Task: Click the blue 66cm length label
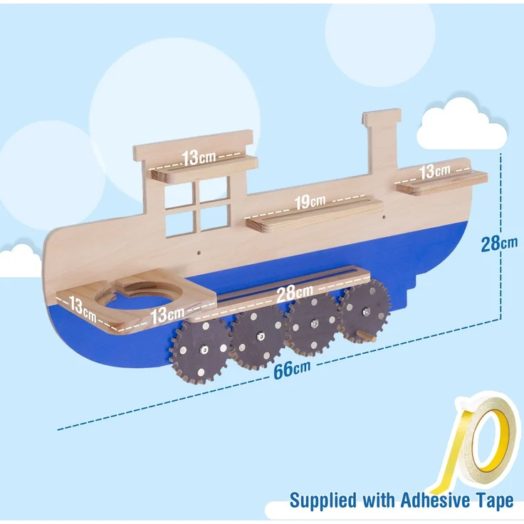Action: (292, 369)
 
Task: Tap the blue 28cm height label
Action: (499, 243)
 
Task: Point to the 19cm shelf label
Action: (310, 201)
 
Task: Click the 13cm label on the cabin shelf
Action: (199, 157)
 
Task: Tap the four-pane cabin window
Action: (197, 206)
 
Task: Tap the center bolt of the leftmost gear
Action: (204, 350)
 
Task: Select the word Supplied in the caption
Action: (323, 501)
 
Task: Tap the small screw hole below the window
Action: (199, 253)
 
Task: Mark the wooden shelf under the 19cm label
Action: (314, 214)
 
